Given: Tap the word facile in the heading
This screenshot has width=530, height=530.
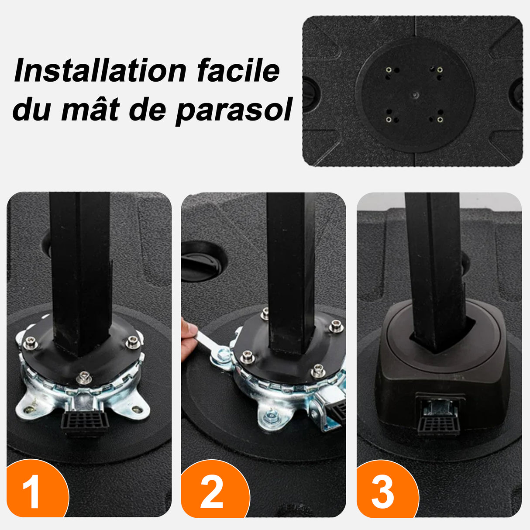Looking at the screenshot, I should click(238, 71).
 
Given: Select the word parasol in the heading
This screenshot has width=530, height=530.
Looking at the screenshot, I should click(234, 110).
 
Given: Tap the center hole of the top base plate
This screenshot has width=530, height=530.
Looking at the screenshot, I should click(415, 94).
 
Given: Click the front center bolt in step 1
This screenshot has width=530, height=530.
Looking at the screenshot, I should click(84, 377).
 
